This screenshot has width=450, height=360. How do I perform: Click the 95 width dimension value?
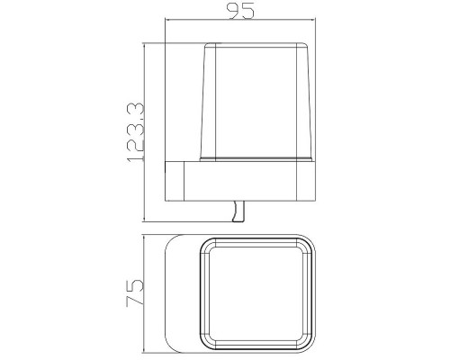242,11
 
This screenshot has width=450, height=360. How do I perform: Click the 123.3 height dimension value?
136,132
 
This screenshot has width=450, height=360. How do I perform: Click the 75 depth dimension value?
135,292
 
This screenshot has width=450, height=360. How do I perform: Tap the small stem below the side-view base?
238,211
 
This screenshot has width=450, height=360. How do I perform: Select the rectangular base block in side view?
240,181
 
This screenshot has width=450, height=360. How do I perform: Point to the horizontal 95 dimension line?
240,20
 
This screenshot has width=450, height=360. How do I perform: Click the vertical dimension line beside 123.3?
145,133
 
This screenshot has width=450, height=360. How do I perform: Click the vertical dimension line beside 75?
145,293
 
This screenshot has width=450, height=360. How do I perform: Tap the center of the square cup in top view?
256,294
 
